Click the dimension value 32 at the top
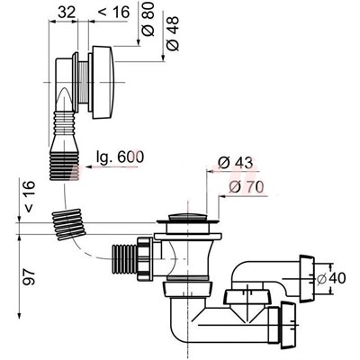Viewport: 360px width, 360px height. (x=67, y=13)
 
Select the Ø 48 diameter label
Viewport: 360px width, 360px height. (x=173, y=33)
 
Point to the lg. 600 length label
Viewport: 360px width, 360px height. (x=120, y=157)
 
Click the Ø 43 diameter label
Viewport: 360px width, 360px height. (x=236, y=163)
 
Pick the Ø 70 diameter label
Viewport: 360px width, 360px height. (x=246, y=187)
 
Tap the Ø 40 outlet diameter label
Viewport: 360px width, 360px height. (x=331, y=278)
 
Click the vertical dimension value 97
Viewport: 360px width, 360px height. (x=30, y=276)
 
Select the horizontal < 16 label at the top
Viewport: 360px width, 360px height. (x=113, y=13)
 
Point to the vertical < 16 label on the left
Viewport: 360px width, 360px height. (x=30, y=197)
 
